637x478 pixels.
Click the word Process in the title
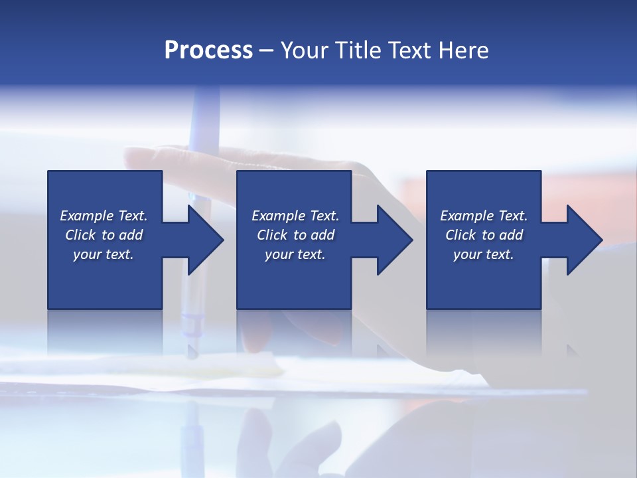pyautogui.click(x=208, y=50)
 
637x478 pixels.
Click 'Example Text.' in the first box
pyautogui.click(x=104, y=216)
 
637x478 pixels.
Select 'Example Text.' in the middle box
pyautogui.click(x=295, y=216)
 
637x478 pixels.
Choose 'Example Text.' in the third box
pyautogui.click(x=484, y=216)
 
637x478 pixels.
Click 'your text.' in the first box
pyautogui.click(x=104, y=254)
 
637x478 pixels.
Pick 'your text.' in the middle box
pyautogui.click(x=295, y=254)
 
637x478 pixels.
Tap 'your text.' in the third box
pyautogui.click(x=484, y=254)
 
